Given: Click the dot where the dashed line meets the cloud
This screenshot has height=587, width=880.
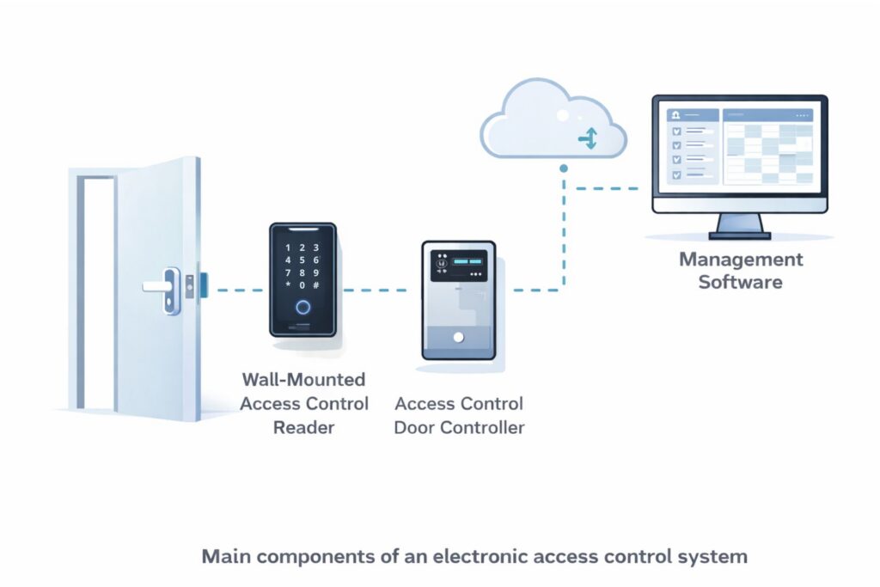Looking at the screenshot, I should coord(564,168).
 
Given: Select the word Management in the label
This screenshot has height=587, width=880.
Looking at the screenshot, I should coord(741,259).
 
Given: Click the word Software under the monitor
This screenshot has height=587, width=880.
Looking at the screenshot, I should coord(740,281).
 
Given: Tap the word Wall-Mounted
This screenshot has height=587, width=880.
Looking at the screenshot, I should coord(303,379).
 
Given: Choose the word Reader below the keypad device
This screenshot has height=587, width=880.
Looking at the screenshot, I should coord(302,427).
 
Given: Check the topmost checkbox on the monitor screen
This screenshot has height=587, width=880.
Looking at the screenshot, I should coord(675,131).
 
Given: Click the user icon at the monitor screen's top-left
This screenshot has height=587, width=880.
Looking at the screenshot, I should coord(675,114).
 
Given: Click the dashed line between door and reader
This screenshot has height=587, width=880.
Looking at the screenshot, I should coord(237,290).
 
